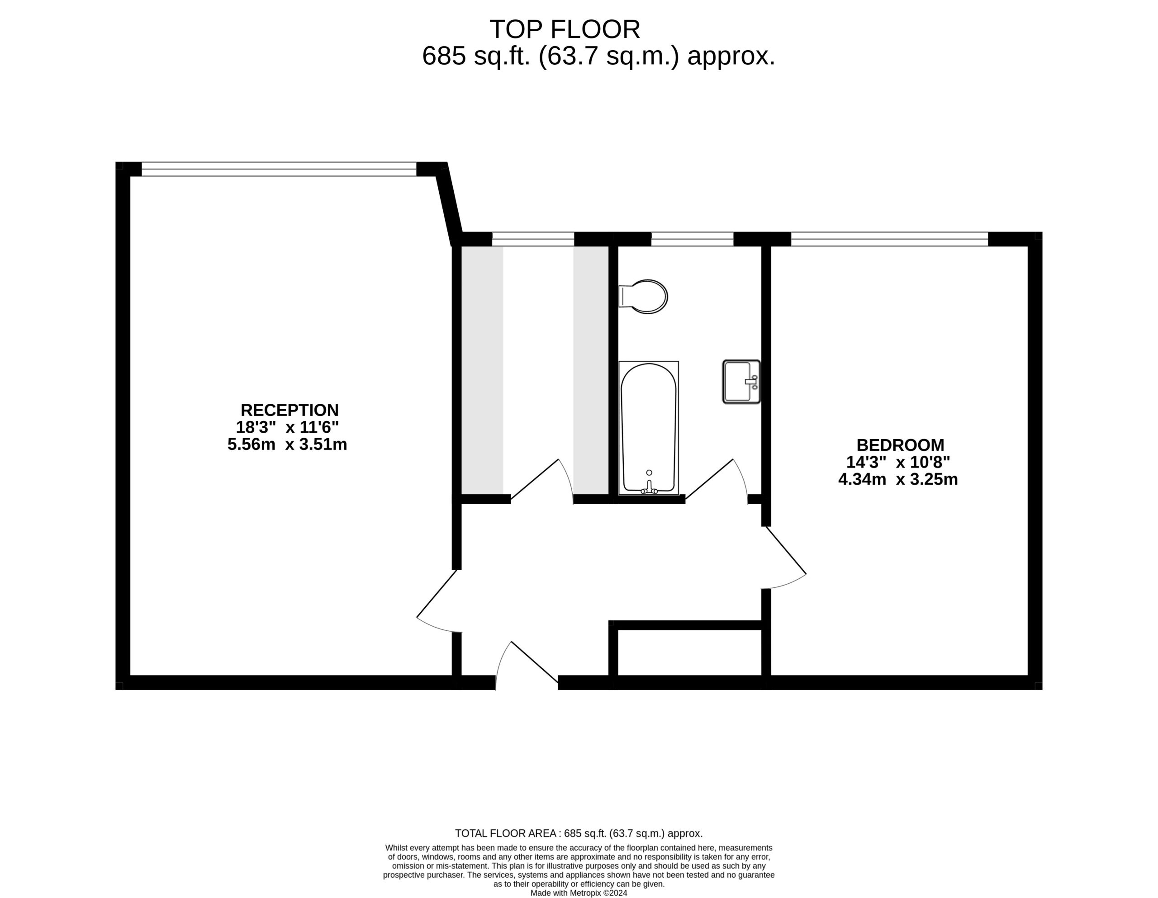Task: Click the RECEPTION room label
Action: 289,410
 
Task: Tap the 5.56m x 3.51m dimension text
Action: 287,445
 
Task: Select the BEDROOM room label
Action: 900,445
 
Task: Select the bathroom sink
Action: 741,382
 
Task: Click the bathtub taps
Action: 649,487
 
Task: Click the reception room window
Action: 279,169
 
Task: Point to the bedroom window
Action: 889,239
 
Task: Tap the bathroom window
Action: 692,239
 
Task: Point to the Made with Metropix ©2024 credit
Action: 579,893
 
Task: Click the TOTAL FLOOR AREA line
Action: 579,833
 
